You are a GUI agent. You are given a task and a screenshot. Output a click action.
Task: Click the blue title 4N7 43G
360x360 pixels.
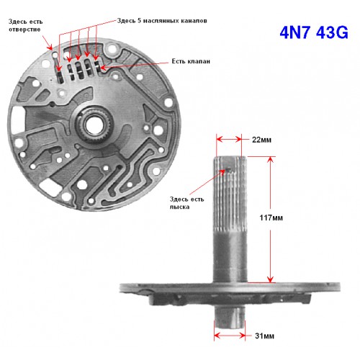tap(314, 32)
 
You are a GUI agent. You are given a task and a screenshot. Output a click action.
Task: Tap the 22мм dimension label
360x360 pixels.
tap(261, 140)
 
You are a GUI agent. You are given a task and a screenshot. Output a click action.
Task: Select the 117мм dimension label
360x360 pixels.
tap(271, 217)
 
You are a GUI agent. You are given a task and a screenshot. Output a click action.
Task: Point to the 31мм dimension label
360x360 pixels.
tap(264, 336)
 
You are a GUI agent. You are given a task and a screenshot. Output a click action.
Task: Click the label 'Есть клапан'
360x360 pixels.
tap(191, 61)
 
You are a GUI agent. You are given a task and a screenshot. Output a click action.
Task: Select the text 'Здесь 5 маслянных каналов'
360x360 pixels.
tap(162, 21)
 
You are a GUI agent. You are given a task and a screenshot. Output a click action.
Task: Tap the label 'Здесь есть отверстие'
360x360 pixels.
tap(25, 25)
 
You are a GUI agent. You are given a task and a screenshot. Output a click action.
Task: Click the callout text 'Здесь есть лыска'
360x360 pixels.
tap(186, 203)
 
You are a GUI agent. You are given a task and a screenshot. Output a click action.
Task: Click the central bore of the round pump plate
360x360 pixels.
tap(93, 125)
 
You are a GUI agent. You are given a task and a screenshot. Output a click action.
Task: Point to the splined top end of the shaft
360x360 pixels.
tap(230, 192)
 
